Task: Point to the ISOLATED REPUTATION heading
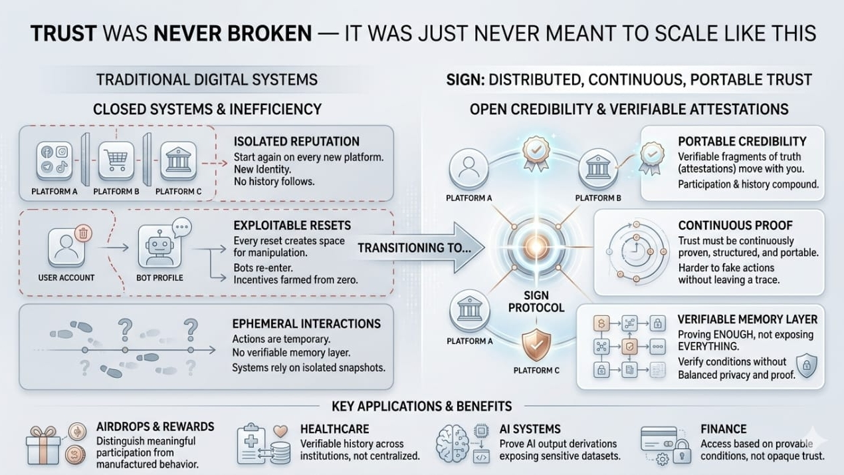[x=296, y=142]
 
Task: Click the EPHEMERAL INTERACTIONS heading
[x=306, y=324]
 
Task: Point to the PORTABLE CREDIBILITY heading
[x=742, y=142]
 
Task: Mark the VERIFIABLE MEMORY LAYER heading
[x=747, y=319]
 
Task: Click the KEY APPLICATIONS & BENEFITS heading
[x=421, y=406]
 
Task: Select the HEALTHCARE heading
[x=334, y=429]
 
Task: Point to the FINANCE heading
[x=723, y=429]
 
